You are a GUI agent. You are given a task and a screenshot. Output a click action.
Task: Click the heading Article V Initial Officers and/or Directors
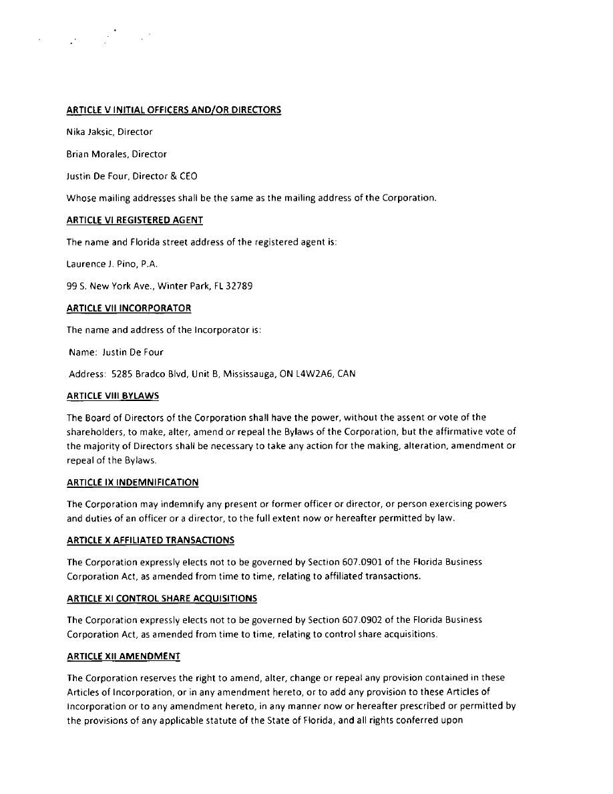[x=174, y=110]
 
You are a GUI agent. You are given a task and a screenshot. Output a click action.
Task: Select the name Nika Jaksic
[x=89, y=132]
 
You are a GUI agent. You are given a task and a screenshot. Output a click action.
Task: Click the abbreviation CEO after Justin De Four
[x=188, y=176]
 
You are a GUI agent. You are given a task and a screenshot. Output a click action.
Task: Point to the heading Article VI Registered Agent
[x=135, y=220]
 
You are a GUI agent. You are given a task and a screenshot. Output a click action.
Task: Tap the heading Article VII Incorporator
[x=129, y=308]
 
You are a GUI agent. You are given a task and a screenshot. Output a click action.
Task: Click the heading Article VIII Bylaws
[x=113, y=396]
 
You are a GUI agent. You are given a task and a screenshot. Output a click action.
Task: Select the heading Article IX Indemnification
[x=132, y=482]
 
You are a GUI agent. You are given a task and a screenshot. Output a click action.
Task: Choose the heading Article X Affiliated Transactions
[x=150, y=540]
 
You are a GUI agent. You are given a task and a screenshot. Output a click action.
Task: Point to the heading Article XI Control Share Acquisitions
[x=162, y=598]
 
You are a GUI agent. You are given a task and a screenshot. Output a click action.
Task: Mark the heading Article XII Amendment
[x=124, y=656]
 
